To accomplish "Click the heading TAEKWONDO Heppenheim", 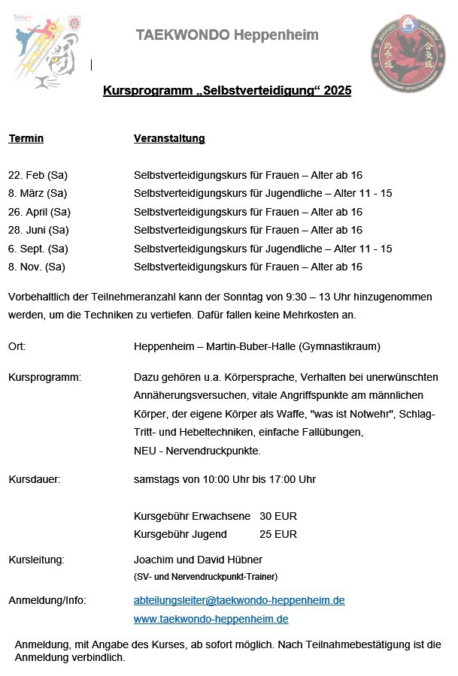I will (x=227, y=35).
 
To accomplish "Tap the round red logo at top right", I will (x=408, y=52).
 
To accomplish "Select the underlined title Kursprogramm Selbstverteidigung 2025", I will (x=227, y=91).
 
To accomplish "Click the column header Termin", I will (x=26, y=138).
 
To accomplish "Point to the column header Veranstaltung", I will (x=169, y=138).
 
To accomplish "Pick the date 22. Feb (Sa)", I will (x=38, y=175).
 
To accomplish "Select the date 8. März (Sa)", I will (x=38, y=193).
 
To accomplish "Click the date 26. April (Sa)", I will (x=39, y=212).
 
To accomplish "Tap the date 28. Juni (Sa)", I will (x=38, y=230).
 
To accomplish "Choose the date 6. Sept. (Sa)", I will (x=38, y=249).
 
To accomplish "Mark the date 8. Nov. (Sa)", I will (x=37, y=267).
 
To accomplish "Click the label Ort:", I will (x=17, y=346).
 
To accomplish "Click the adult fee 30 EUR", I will (x=278, y=516).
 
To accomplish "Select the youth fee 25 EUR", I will (x=278, y=534).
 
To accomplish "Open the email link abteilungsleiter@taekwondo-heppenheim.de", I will (x=239, y=600).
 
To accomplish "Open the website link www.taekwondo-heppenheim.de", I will (x=211, y=619).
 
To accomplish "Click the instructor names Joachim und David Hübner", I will (x=198, y=560).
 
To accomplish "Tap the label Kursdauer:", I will (x=35, y=478).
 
